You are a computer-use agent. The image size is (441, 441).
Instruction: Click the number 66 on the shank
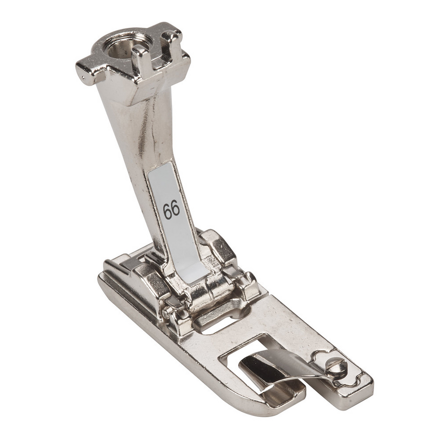(171, 210)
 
